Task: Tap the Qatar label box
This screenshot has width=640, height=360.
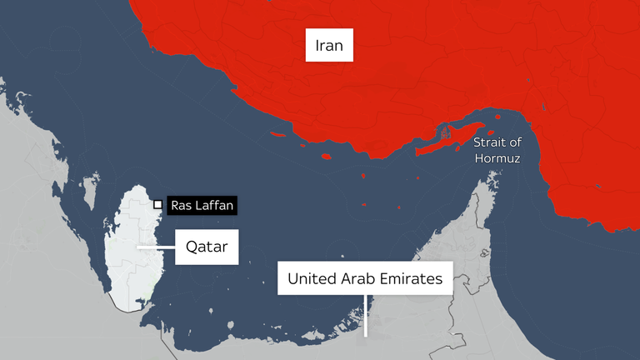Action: pos(207,247)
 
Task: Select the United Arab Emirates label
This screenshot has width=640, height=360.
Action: pos(365,279)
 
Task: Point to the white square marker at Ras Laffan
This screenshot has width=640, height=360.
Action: pos(157,204)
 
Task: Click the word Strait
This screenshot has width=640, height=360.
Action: pos(491,142)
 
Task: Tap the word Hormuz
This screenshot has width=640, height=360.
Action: pos(497,157)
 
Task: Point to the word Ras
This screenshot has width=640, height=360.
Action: pos(183,205)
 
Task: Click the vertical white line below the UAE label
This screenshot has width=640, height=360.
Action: pos(365,314)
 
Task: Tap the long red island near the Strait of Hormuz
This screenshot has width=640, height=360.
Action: pos(446,142)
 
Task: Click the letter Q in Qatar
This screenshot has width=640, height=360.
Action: pos(189,247)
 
